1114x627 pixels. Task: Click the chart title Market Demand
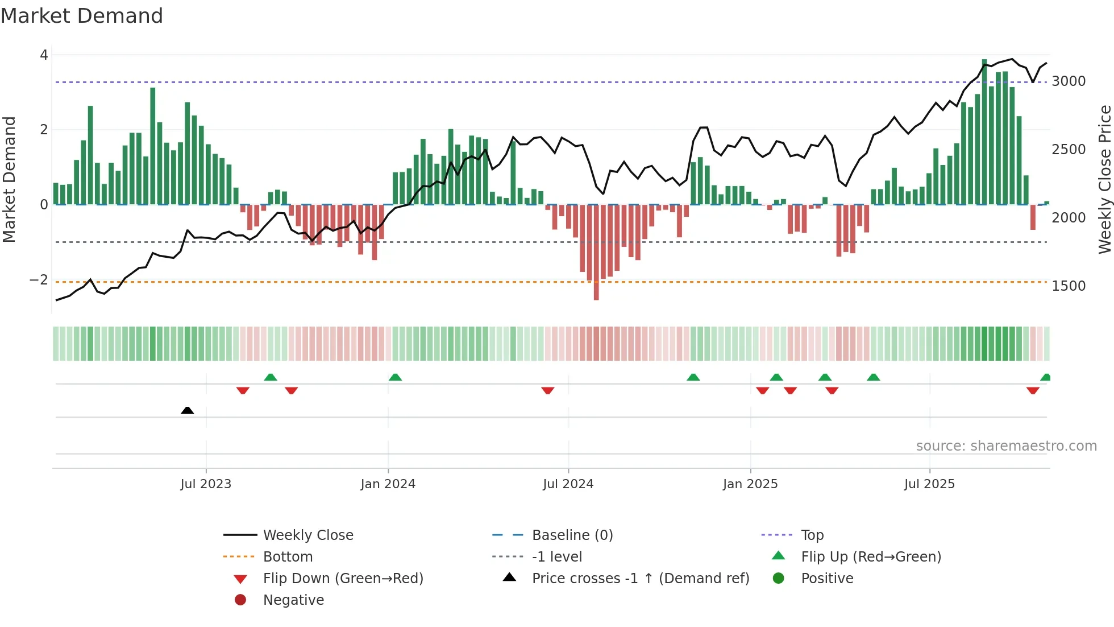82,16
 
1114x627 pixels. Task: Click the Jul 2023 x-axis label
206,484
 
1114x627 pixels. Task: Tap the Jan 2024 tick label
388,484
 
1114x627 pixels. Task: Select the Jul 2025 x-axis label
929,484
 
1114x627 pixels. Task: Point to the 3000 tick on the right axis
1069,81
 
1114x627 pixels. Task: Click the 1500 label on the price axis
1069,286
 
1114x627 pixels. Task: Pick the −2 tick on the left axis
39,280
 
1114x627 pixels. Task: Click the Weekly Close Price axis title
1104,179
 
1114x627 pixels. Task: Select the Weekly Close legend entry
307,535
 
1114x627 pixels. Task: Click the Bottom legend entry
288,557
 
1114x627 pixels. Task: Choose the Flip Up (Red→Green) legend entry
871,557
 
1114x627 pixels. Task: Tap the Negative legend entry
293,600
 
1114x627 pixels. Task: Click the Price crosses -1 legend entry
640,579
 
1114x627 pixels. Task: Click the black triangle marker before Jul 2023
187,410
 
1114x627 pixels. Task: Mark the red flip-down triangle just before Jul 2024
548,390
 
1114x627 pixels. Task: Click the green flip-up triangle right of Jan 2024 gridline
395,377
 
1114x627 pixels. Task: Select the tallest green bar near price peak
984,131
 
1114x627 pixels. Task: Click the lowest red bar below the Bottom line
596,253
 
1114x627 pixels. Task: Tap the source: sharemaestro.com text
1006,446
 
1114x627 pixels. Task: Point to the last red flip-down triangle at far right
1033,390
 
